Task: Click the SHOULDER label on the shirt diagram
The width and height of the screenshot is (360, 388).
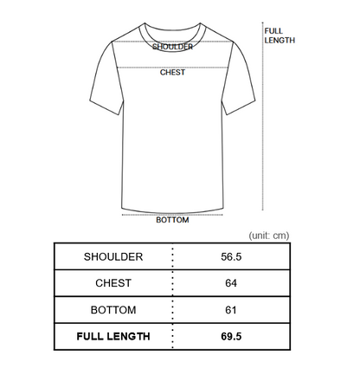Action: click(x=172, y=47)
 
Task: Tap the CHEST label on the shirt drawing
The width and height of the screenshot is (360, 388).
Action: click(x=172, y=72)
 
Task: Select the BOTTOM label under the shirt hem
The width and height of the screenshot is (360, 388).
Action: click(x=172, y=220)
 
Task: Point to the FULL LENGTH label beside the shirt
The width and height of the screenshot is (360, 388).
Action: click(x=280, y=36)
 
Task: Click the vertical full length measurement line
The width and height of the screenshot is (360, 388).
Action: click(x=262, y=116)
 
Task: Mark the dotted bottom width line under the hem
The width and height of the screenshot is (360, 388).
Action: click(x=172, y=215)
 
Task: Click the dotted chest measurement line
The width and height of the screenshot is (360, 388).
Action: click(x=172, y=68)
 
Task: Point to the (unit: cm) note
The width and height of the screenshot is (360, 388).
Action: click(x=269, y=236)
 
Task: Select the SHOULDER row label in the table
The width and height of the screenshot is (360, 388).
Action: click(x=113, y=256)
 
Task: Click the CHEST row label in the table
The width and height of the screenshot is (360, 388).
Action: click(x=113, y=283)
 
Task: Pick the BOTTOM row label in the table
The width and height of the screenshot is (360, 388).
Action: click(x=113, y=310)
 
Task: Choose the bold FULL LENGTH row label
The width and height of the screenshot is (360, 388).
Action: click(x=113, y=336)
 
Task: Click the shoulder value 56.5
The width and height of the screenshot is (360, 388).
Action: click(x=231, y=256)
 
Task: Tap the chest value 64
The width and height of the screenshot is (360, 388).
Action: click(x=231, y=283)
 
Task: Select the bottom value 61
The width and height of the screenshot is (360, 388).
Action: click(x=231, y=310)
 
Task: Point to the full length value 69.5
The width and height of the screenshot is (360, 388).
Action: click(x=231, y=336)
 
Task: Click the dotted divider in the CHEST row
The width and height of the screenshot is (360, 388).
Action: click(x=172, y=283)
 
